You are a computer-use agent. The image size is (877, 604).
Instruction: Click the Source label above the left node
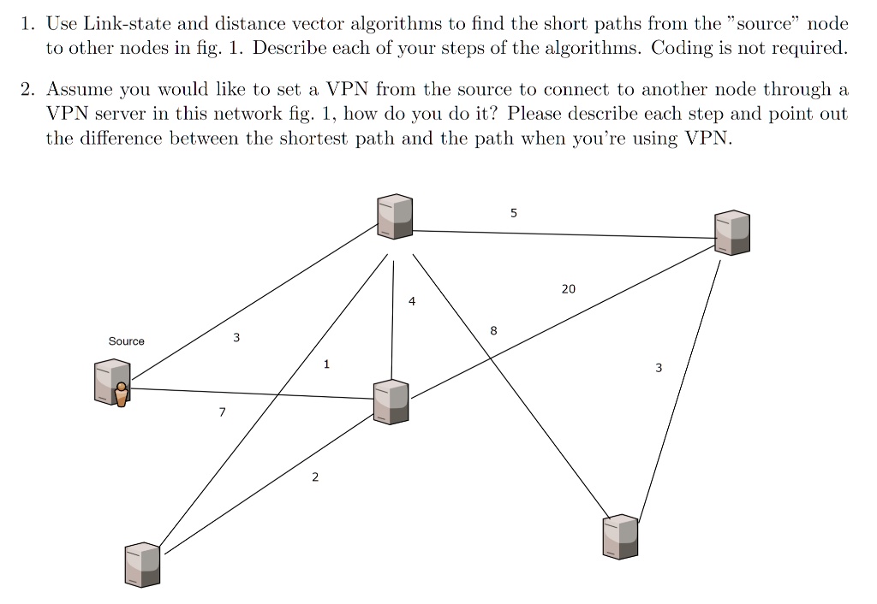[x=126, y=341]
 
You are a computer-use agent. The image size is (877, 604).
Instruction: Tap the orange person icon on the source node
[x=122, y=394]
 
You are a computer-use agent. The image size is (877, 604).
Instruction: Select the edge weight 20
[x=569, y=289]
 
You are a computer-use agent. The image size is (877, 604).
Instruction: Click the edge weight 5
[x=513, y=213]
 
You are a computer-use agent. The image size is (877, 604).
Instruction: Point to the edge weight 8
[x=493, y=330]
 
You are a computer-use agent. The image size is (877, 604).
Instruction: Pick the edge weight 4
[x=412, y=302]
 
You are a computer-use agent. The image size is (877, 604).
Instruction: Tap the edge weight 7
[x=222, y=413]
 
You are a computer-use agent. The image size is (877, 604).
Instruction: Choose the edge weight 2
[x=314, y=477]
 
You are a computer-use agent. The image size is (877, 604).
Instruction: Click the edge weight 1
[x=326, y=364]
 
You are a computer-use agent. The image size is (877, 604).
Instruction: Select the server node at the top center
[x=395, y=215]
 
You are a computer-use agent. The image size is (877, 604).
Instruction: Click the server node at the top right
[x=733, y=232]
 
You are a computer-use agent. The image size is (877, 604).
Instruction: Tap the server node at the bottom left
[x=143, y=565]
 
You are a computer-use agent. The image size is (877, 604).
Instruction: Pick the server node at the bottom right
[x=621, y=536]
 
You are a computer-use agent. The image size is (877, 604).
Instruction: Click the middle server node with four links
[x=392, y=401]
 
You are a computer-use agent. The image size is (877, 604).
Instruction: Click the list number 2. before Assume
[x=28, y=90]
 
